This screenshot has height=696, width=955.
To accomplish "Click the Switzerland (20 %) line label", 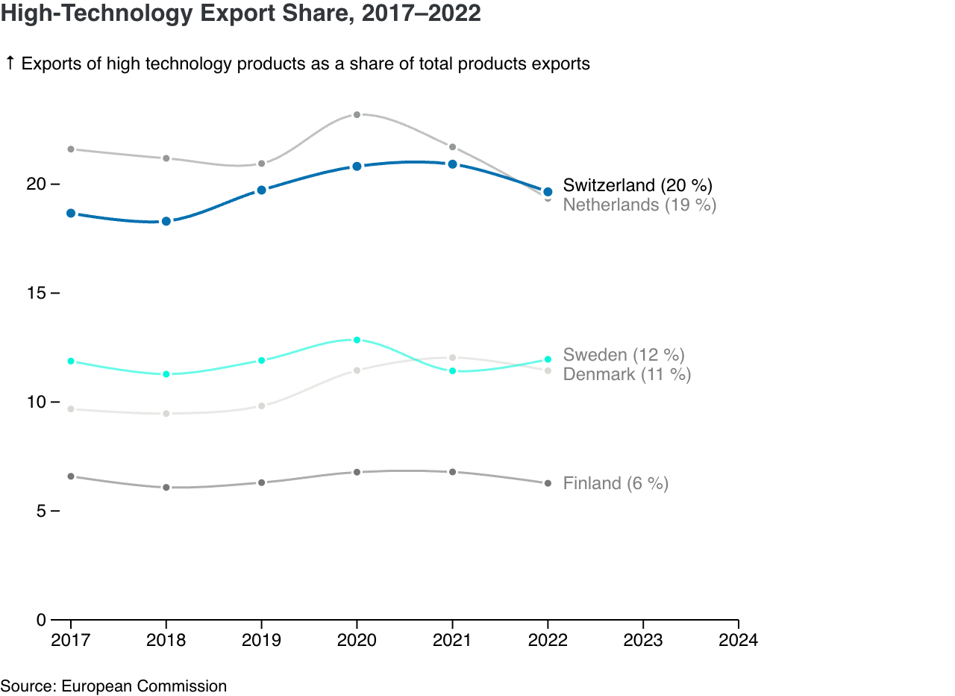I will (x=638, y=185).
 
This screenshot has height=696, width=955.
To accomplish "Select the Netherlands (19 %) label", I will (x=639, y=205).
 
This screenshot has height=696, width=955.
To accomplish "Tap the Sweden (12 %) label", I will (x=624, y=355).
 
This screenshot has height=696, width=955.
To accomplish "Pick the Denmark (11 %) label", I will (x=627, y=374).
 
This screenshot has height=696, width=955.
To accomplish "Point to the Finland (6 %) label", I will (x=616, y=483).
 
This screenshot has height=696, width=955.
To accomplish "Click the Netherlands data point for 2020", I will (x=357, y=115).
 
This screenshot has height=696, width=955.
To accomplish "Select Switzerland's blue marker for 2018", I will (x=166, y=221).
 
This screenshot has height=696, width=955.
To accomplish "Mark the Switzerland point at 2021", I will (x=452, y=164).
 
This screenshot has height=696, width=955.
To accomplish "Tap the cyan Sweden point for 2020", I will (x=357, y=340).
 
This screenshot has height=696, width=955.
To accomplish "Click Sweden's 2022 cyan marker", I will (x=548, y=360).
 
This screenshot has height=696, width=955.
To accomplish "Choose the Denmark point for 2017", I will (x=71, y=409).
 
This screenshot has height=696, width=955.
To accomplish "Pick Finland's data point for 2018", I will (x=166, y=488).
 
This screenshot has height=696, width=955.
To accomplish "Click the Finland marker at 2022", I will (x=548, y=484).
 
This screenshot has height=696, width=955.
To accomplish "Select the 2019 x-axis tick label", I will (x=261, y=640).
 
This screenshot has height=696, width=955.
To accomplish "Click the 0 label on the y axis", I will (x=41, y=620).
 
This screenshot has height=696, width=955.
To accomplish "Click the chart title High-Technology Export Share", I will (x=240, y=13).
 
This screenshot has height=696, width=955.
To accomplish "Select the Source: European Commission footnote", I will (x=113, y=686).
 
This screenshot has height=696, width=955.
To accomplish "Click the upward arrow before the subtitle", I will (x=10, y=63).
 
